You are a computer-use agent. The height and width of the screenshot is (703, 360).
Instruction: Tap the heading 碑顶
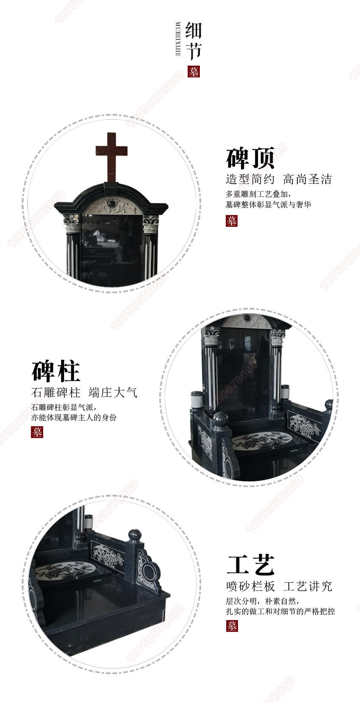250,158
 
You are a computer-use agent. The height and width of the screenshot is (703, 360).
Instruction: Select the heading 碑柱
56,372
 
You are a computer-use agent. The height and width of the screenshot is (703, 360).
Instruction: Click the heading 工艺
251,565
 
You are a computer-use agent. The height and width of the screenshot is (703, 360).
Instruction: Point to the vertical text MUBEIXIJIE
178,39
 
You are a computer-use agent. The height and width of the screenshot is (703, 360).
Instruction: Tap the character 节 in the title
194,52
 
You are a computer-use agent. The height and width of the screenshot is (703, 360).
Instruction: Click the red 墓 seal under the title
194,72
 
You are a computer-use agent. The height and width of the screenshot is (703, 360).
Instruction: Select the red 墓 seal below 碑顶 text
231,221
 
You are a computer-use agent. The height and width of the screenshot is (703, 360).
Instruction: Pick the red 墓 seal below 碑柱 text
37,432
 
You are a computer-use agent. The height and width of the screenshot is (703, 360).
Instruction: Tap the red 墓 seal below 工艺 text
232,626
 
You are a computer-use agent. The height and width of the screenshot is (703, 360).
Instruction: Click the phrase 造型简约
250,179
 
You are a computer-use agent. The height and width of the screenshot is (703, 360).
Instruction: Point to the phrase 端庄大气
113,392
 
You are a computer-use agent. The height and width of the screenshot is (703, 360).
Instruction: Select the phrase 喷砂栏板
250,586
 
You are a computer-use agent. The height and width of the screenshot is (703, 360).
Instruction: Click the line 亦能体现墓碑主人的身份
74,417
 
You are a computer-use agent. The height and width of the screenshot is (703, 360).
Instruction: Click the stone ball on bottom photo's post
135,535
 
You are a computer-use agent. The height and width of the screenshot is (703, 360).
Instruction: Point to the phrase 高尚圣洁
307,179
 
